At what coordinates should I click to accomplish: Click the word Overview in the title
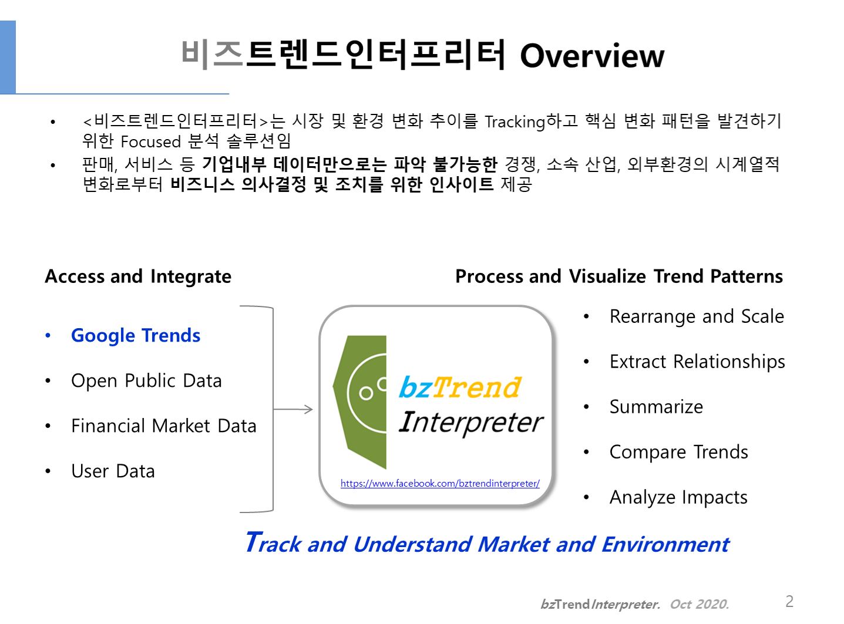591,56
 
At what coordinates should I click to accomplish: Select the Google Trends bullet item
136,336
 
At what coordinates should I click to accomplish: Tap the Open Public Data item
146,380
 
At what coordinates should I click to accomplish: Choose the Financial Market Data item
164,426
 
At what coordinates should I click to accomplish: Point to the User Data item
113,471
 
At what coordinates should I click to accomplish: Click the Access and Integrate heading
138,276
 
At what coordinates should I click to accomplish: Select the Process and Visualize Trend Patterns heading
619,276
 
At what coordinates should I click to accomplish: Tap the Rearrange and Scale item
697,316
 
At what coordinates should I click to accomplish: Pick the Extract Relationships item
697,362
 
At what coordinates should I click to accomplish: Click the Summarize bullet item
656,407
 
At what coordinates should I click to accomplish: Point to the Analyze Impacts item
678,498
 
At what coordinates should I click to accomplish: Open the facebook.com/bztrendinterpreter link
440,484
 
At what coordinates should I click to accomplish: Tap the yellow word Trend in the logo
476,387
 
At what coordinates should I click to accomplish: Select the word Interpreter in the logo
471,422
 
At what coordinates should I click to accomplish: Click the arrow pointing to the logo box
293,409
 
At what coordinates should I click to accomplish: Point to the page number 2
789,602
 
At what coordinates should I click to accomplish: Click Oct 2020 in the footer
700,604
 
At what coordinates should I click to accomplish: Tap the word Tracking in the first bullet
515,122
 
